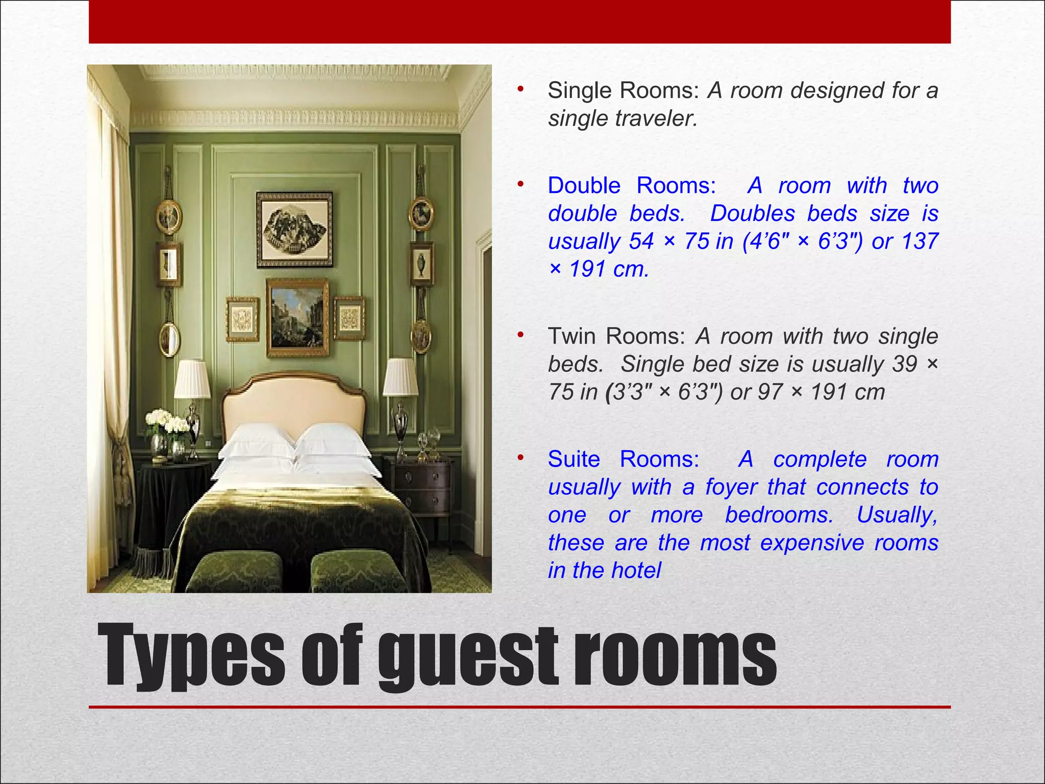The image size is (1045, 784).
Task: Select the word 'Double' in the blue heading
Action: pyautogui.click(x=584, y=186)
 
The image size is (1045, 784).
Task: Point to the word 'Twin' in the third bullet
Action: pyautogui.click(x=572, y=336)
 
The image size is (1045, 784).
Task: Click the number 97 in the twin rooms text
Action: pyautogui.click(x=770, y=392)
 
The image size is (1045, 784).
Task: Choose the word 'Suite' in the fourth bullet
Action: pyautogui.click(x=574, y=459)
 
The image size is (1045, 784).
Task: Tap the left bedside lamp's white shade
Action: pyautogui.click(x=192, y=379)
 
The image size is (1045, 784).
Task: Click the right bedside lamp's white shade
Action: pyautogui.click(x=401, y=377)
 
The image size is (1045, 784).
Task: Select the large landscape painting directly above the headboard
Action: pyautogui.click(x=297, y=317)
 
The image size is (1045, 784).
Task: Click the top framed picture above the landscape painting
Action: pyautogui.click(x=294, y=229)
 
